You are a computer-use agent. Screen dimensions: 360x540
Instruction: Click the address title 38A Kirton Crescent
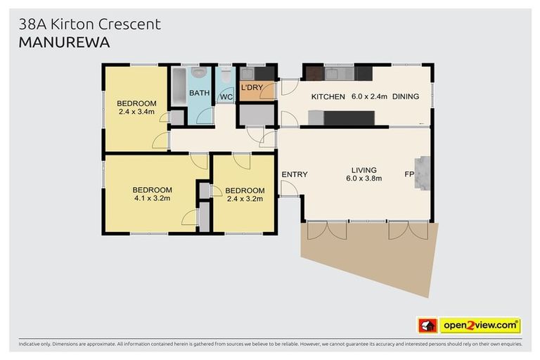(89, 24)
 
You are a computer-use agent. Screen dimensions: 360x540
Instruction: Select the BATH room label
(199, 93)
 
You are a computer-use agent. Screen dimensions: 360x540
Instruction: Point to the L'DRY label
(251, 89)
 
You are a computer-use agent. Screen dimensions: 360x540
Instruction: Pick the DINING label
(406, 96)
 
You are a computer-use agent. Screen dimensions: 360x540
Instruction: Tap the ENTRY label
(295, 174)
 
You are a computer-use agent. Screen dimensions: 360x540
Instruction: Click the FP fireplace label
(409, 174)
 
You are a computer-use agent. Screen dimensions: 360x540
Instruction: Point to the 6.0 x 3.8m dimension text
(364, 179)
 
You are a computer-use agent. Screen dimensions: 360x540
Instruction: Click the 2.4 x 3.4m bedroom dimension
(136, 112)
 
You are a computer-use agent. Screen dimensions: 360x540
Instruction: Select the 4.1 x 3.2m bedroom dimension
(152, 198)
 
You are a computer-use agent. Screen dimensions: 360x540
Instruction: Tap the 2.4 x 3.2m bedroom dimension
(245, 199)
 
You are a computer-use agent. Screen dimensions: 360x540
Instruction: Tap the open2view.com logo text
(480, 325)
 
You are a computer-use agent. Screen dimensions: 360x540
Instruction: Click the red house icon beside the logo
(427, 326)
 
